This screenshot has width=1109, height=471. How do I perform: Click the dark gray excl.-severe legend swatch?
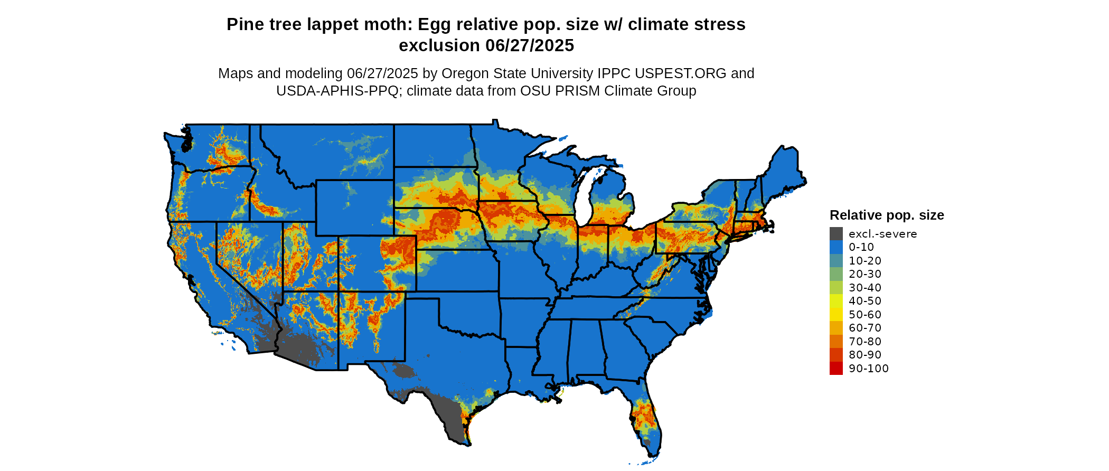836,234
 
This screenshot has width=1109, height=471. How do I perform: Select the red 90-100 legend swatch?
836,369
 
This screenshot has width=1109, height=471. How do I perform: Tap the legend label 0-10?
861,247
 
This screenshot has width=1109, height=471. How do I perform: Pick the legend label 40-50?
865,301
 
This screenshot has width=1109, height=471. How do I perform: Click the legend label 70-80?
865,342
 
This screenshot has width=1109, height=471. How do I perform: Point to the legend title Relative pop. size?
887,215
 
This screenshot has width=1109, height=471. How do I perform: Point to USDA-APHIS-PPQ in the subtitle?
337,91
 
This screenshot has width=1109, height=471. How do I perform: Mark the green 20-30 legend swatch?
836,274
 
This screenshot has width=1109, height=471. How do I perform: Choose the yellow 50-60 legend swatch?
836,315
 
